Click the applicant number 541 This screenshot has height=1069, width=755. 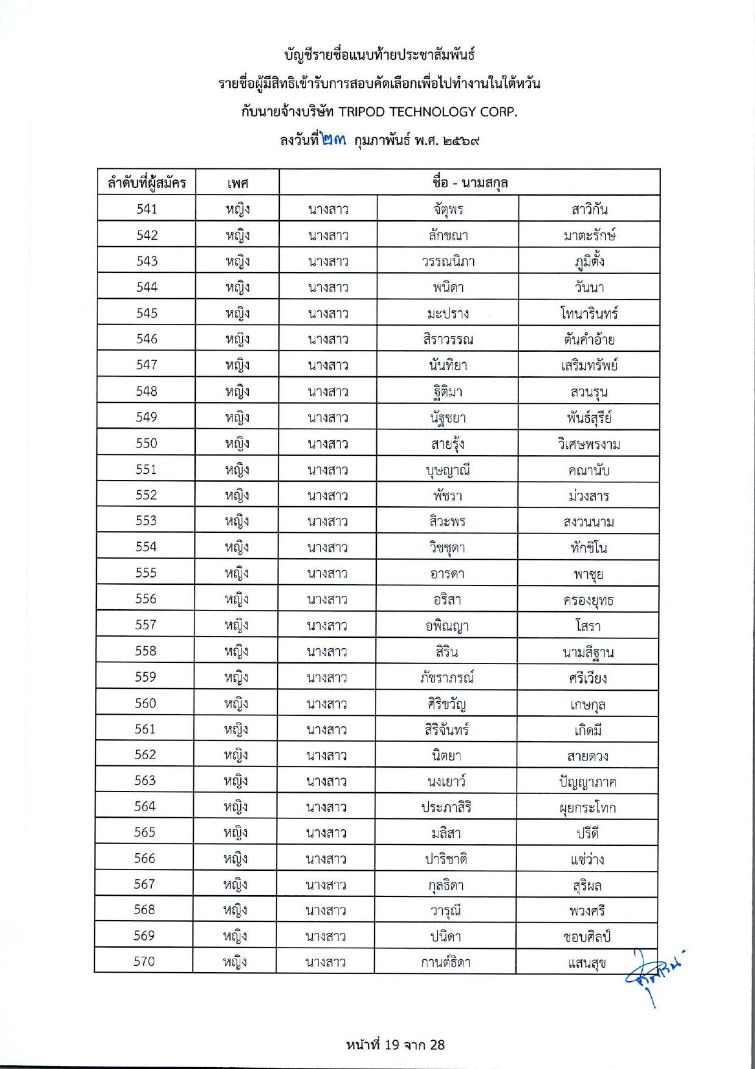point(147,209)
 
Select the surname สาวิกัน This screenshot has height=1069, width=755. point(589,210)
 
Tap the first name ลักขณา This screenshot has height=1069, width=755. point(448,235)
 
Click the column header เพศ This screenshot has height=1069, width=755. point(237,183)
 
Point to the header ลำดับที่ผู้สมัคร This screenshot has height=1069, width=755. point(147,183)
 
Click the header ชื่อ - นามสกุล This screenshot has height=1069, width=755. point(470,182)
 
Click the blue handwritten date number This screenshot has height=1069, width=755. point(332,140)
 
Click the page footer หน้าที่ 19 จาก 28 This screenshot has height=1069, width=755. point(395,1045)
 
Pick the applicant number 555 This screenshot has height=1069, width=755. point(146,573)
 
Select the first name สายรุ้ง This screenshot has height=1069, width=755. point(448,444)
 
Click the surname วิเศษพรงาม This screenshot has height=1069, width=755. point(589,444)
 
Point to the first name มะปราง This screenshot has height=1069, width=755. point(448,313)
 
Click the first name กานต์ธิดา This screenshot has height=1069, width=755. point(446,962)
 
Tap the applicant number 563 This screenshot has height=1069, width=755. point(145,781)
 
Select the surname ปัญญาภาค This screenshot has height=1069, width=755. point(587,782)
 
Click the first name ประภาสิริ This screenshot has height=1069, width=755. point(446,807)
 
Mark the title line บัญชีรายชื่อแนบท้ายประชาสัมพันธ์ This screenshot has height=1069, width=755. point(379,55)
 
